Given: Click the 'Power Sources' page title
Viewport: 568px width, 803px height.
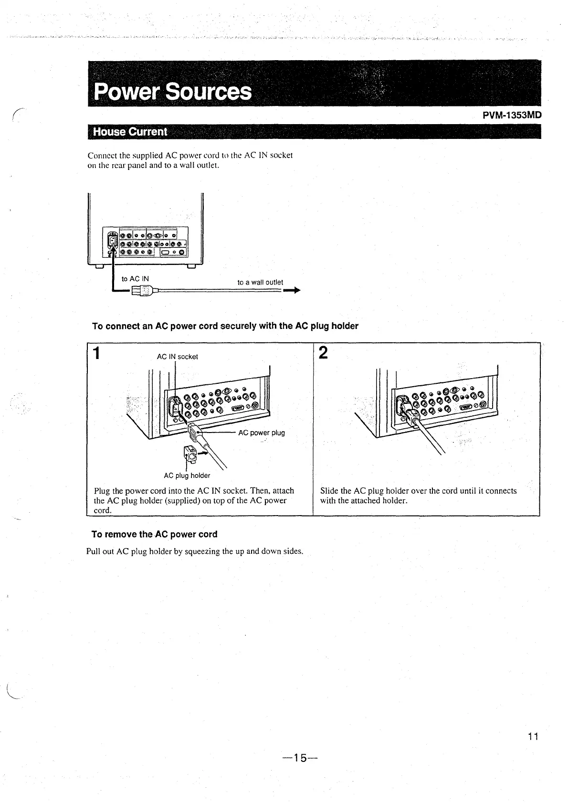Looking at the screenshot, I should [173, 91].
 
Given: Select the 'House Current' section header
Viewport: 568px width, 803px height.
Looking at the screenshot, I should [130, 132].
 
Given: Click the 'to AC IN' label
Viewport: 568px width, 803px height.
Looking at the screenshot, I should [135, 279].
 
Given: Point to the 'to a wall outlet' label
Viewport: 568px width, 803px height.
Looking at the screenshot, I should [260, 282].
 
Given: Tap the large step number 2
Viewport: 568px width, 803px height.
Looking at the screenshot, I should [323, 353].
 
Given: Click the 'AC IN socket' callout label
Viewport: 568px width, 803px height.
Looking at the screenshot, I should [177, 357].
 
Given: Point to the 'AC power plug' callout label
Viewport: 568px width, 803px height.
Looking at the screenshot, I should [261, 433].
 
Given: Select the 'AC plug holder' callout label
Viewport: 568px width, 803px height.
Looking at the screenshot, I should [187, 475].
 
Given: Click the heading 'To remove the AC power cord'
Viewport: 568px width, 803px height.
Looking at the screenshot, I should [154, 534].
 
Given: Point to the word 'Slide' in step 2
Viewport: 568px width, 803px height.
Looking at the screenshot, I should [329, 491].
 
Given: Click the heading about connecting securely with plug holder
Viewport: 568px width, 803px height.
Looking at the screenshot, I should [225, 326].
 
